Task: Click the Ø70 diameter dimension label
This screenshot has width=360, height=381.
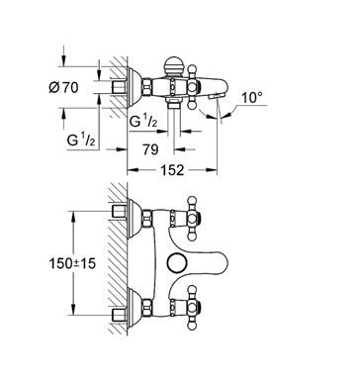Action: tap(63, 88)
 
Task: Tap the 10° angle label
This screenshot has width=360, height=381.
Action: tap(252, 98)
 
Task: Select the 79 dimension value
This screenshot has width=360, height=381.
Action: tap(150, 149)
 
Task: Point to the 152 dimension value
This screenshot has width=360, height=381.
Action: tap(172, 170)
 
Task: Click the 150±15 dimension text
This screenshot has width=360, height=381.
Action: tap(72, 263)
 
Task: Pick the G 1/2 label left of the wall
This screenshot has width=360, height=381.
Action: tap(81, 140)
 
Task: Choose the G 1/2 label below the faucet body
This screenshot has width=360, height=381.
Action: tap(143, 121)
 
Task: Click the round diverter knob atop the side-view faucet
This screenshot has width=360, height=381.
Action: tap(173, 65)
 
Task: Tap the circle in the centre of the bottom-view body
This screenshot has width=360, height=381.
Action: tap(176, 264)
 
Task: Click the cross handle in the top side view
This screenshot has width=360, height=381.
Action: tap(193, 87)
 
